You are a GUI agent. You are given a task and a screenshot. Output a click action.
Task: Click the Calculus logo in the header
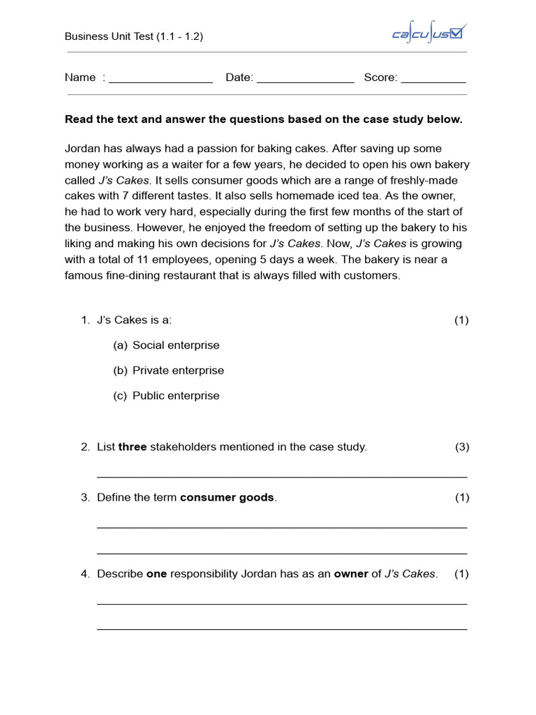(x=429, y=34)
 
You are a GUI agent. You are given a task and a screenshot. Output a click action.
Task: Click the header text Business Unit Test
(x=134, y=36)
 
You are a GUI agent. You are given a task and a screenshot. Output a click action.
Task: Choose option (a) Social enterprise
(x=175, y=345)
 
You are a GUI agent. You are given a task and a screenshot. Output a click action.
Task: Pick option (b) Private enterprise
(x=178, y=370)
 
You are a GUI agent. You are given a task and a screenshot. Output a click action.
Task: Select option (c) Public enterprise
(x=175, y=395)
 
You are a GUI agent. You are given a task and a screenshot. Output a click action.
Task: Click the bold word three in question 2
(x=133, y=447)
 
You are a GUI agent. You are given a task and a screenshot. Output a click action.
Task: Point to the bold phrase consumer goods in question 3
(x=227, y=497)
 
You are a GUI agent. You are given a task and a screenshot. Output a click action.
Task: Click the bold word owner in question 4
(x=351, y=574)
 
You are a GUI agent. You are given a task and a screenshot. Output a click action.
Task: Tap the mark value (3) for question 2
(x=462, y=447)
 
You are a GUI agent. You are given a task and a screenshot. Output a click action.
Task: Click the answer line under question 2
(x=282, y=476)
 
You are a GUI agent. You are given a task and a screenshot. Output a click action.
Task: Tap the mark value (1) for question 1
(x=462, y=320)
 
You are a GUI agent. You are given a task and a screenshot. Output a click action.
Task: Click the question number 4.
(x=85, y=574)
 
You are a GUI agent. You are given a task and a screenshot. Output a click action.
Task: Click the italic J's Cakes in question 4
(x=410, y=574)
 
